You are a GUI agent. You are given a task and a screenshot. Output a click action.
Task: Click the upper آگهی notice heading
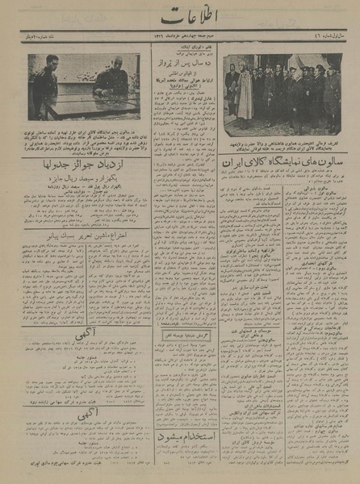81,331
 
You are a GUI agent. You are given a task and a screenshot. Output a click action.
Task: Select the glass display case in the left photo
77,103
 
